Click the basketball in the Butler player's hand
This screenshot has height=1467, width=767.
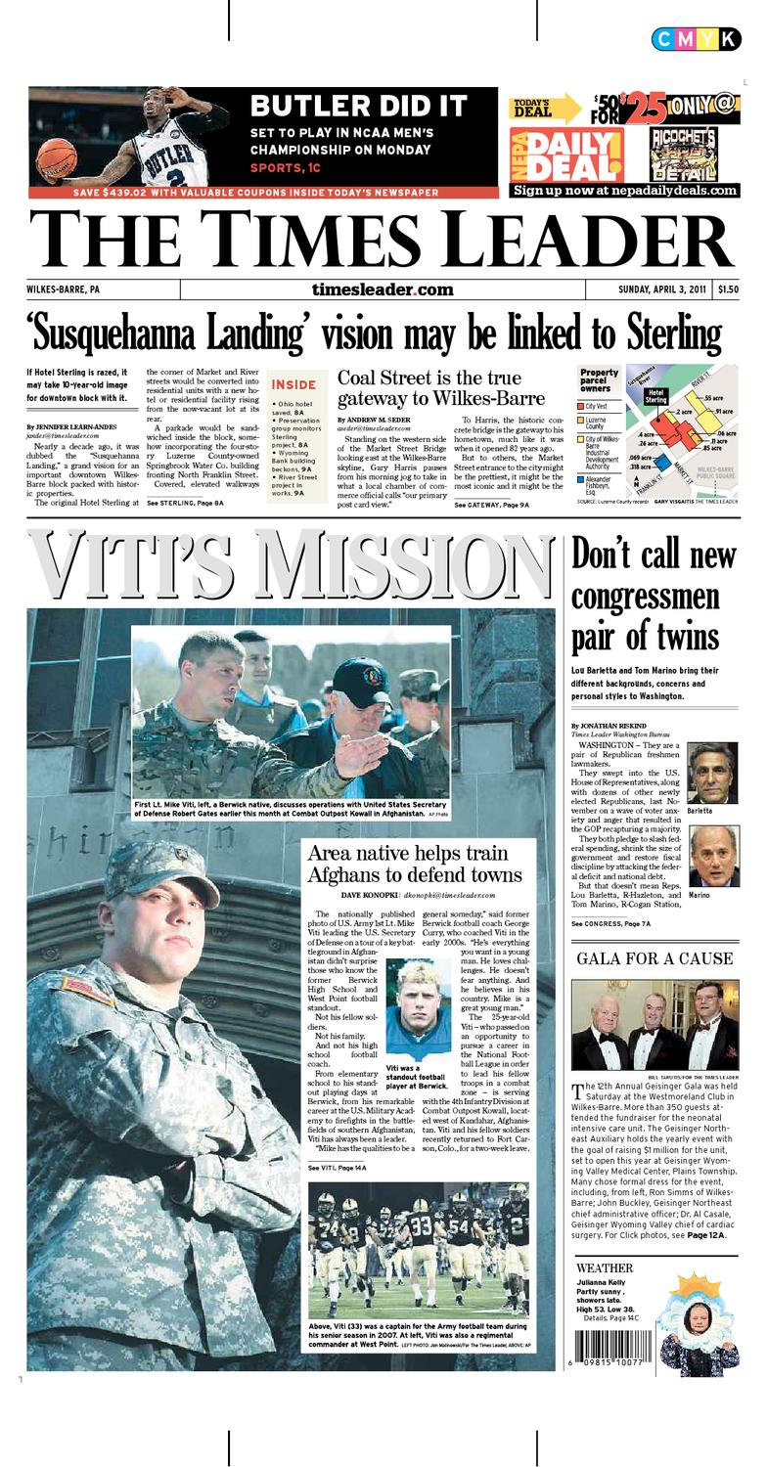56,157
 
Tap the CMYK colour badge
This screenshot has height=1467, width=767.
696,39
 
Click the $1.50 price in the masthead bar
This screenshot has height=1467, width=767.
728,289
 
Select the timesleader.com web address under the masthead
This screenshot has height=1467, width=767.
383,289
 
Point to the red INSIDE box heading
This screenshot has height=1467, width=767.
293,384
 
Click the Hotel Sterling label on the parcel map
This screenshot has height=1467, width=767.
654,396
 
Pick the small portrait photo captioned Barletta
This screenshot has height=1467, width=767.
712,773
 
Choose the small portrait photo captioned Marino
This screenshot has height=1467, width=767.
713,856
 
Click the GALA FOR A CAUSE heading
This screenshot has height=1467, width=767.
654,958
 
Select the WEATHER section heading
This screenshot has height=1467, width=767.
604,1268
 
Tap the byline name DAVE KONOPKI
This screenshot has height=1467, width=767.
368,895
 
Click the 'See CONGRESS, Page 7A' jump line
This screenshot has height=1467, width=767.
610,923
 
